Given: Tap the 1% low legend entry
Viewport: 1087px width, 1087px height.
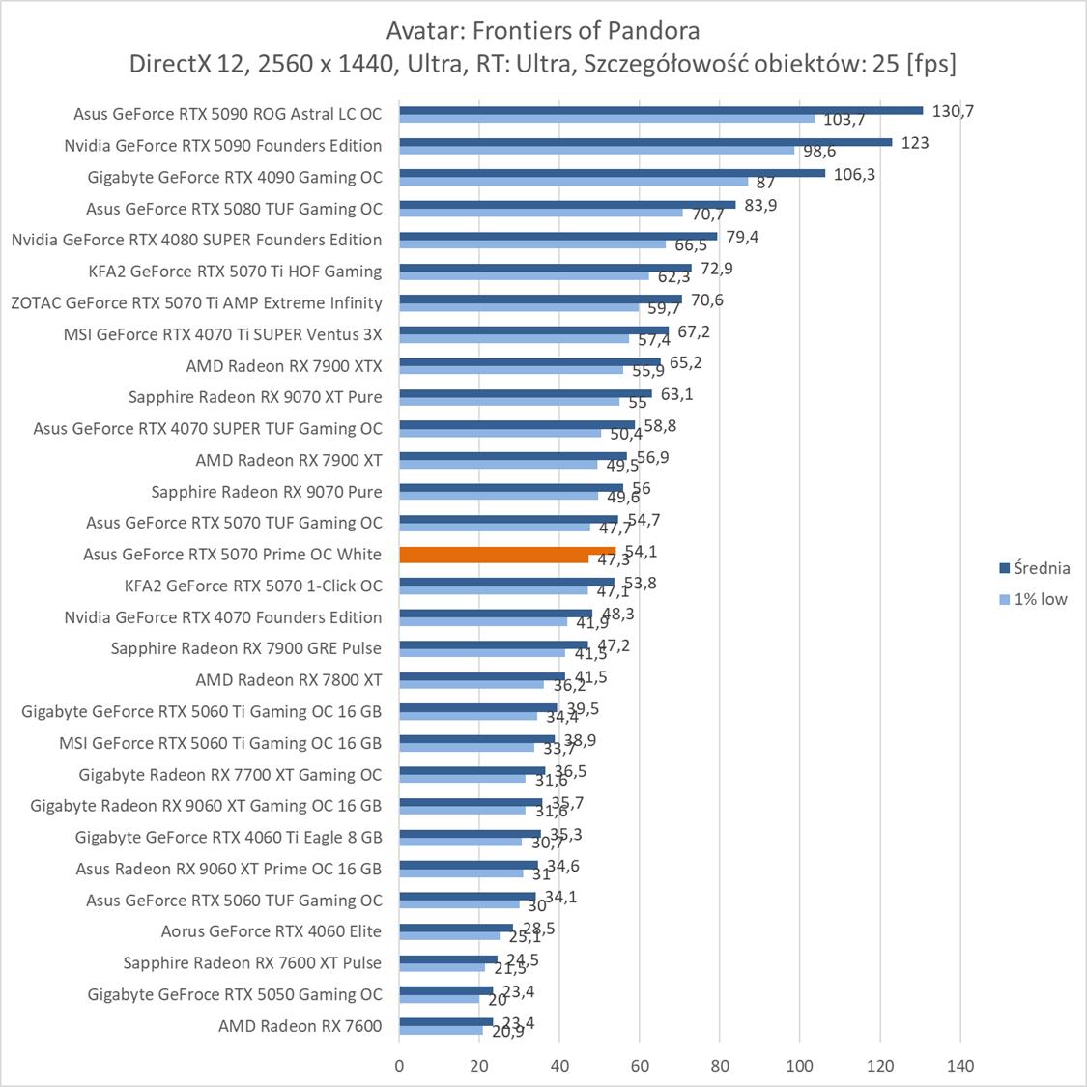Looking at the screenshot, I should (1040, 599).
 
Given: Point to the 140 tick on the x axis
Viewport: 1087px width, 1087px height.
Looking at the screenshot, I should (960, 1066).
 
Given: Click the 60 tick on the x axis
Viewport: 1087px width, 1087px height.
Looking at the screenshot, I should (640, 1066).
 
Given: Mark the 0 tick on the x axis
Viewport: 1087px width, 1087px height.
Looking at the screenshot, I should (399, 1066).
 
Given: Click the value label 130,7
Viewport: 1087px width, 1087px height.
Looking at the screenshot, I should (953, 111).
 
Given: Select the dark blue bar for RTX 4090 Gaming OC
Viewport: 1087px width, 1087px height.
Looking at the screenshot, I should (613, 173).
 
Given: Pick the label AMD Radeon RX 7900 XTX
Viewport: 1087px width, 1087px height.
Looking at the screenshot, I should (284, 365).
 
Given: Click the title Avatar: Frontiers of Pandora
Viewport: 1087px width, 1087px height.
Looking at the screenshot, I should (543, 31).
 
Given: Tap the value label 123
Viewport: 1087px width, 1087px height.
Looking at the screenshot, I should (915, 143).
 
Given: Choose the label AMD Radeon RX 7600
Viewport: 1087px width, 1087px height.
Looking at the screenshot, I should (300, 1025).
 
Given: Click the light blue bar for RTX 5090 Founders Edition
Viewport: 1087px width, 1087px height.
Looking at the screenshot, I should (597, 150).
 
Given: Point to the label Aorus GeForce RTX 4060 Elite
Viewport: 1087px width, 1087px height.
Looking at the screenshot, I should (272, 931).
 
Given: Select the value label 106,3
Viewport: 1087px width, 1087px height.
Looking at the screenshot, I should (854, 174).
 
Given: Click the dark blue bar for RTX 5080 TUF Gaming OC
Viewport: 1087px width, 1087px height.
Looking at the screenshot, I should (567, 204).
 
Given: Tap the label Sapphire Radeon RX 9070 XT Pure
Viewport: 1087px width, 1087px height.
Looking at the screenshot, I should (255, 397).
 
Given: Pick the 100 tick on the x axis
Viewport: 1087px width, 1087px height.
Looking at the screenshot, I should (800, 1066).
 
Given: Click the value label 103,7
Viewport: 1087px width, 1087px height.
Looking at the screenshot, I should (844, 121).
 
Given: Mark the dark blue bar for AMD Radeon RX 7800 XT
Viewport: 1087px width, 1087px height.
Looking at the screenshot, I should (482, 676).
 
